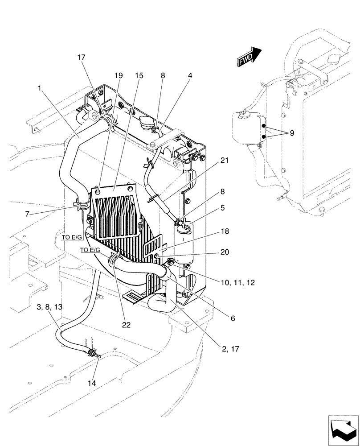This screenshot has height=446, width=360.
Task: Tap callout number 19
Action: [119, 76]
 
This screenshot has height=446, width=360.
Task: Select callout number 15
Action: [139, 76]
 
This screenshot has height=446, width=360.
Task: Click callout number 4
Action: [190, 76]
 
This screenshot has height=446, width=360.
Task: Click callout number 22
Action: [127, 325]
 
